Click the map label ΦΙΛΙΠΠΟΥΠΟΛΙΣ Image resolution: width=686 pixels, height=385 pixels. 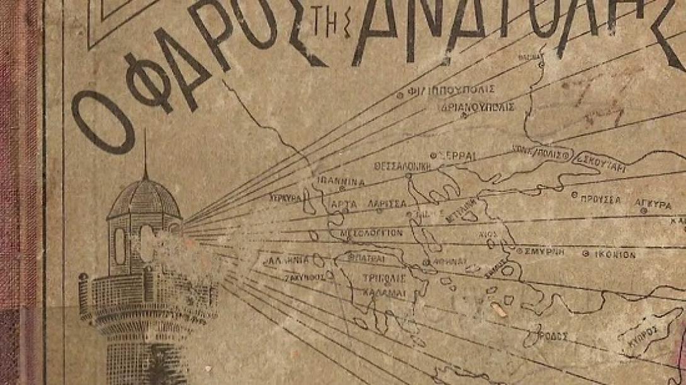pos(451,89)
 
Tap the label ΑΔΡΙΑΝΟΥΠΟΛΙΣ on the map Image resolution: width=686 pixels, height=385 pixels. pos(478,107)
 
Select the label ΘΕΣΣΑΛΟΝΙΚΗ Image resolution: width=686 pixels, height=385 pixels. pos(402,167)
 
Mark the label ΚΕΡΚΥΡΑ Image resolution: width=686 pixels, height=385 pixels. pos(286,197)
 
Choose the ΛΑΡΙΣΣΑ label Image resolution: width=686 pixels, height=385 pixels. pos(386,204)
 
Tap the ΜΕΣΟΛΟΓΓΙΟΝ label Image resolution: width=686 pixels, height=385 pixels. pos(371,232)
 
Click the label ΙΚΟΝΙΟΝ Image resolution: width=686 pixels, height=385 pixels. pos(613,254)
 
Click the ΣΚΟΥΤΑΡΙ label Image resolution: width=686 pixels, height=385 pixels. pos(600,159)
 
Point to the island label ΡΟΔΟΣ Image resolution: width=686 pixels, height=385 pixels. pos(554,336)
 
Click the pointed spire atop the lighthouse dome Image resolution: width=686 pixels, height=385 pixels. pos(145,151)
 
